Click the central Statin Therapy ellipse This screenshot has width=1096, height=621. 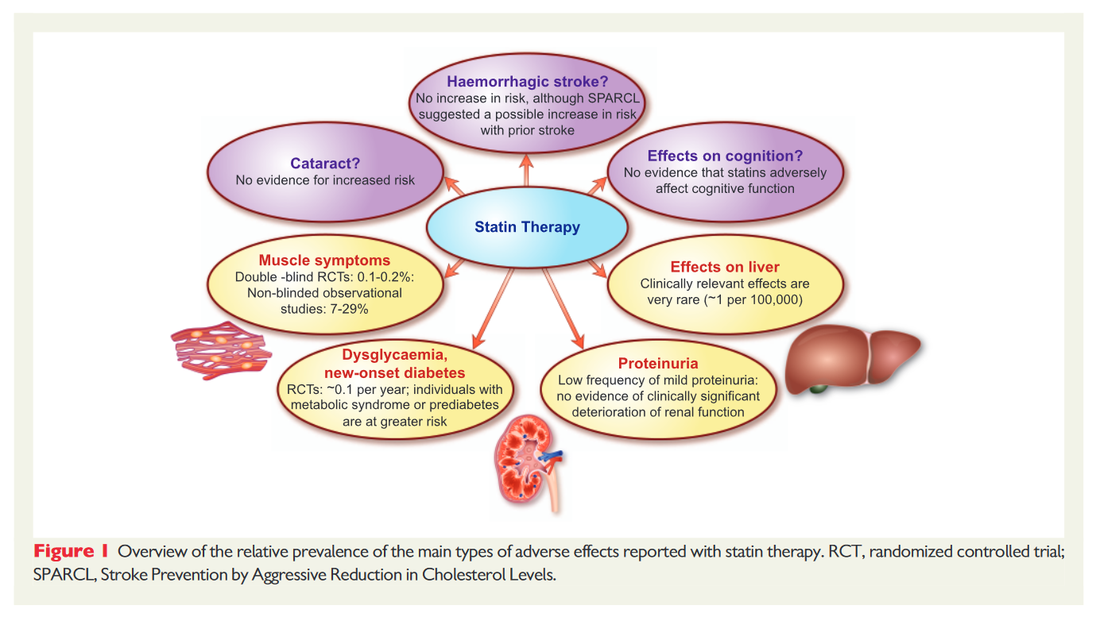527,227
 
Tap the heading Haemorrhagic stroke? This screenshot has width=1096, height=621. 528,82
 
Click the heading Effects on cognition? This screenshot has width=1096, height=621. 726,156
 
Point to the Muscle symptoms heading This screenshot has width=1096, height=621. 324,260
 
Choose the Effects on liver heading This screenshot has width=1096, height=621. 725,267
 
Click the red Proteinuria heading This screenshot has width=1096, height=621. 658,364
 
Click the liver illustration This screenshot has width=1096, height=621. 850,357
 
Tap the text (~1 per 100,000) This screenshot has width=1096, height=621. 749,299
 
